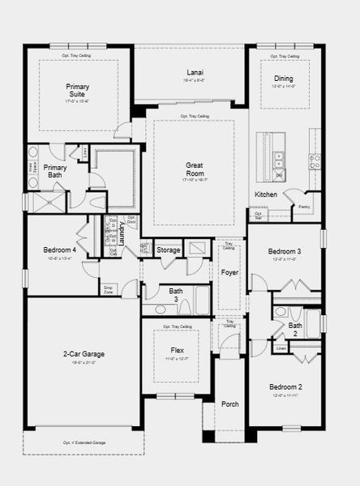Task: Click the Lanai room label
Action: point(189,72)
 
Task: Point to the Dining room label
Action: point(282,79)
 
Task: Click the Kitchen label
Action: point(267,194)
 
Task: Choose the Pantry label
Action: point(304,207)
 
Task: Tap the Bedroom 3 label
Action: point(285,252)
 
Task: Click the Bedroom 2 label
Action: point(285,387)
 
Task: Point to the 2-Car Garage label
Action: point(84,354)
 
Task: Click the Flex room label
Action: point(177,350)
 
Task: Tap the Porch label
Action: point(230,403)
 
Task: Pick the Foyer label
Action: point(229,272)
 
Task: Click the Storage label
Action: point(169,250)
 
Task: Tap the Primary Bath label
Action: point(55,171)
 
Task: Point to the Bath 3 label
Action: point(176,295)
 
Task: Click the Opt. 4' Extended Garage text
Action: point(84,443)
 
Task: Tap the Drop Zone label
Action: point(108,289)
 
